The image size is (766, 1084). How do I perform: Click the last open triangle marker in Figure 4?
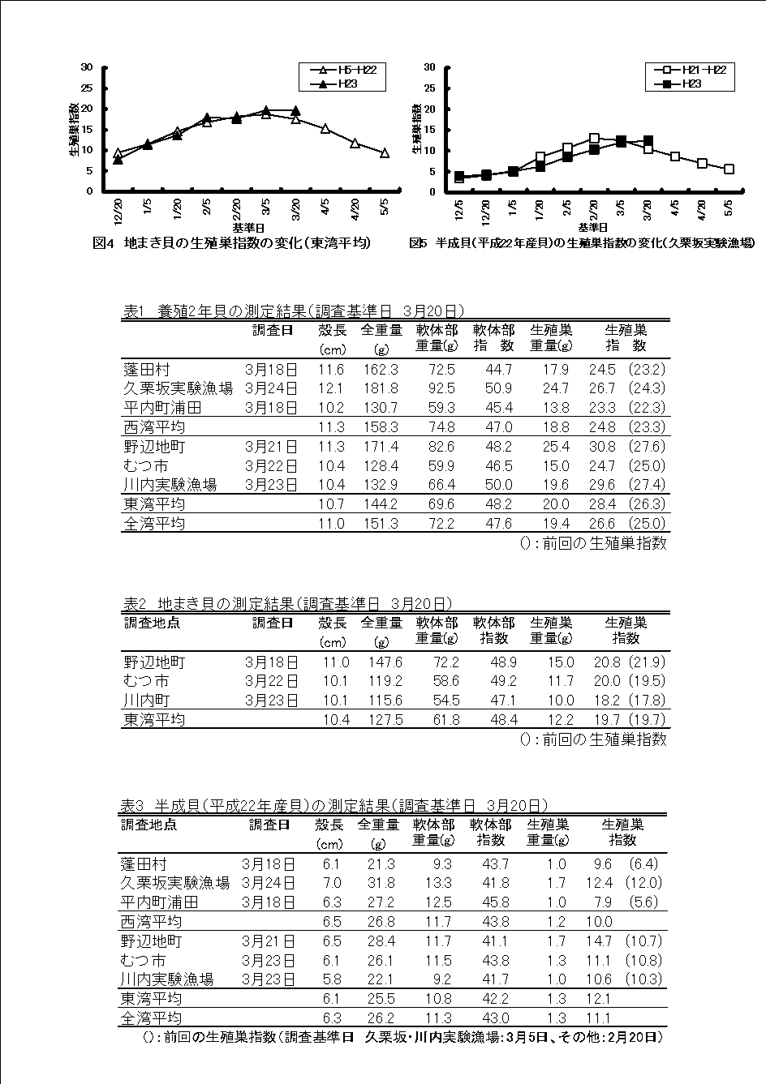click(385, 152)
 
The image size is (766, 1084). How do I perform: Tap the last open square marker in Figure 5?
click(729, 169)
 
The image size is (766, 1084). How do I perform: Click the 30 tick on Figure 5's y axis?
click(431, 66)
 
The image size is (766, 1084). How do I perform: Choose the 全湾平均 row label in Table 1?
click(154, 524)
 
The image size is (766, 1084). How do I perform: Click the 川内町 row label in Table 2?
click(147, 700)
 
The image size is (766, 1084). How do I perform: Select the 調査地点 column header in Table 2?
click(152, 623)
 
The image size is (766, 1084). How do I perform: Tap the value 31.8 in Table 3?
click(381, 883)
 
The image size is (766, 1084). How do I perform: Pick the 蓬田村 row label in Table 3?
click(144, 864)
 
